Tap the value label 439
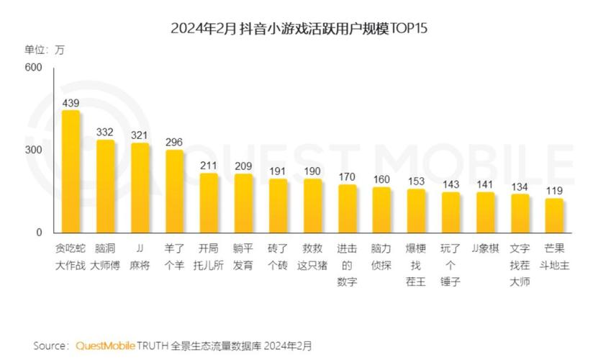point(71,103)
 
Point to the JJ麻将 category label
point(140,256)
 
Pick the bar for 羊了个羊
point(174,191)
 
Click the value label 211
point(209,165)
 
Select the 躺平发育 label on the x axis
point(243,256)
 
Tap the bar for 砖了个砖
point(278,206)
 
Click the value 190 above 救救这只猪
point(312,171)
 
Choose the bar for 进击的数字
point(347,209)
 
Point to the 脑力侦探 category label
point(381,256)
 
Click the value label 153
point(416,181)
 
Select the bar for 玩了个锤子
point(450,212)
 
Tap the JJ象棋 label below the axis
point(485,248)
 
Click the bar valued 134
point(520,214)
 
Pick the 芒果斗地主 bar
point(554,216)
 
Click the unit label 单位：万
point(45,50)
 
